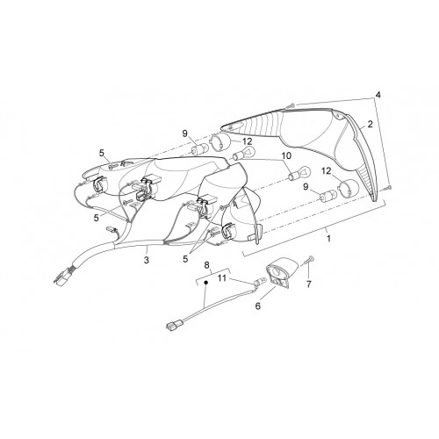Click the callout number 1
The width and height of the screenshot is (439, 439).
(x=328, y=239)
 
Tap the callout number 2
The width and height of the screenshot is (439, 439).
(x=370, y=125)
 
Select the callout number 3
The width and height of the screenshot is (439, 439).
(x=147, y=259)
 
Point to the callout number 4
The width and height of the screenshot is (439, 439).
(x=378, y=95)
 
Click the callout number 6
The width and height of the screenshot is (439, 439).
(x=257, y=306)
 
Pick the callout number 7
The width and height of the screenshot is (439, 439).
(x=309, y=284)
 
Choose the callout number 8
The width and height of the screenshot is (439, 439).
(x=206, y=265)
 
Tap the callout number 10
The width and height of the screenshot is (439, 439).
(x=287, y=155)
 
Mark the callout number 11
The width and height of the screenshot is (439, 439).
(x=222, y=277)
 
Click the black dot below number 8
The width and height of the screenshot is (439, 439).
(x=205, y=283)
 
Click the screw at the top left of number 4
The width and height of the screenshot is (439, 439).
(x=291, y=105)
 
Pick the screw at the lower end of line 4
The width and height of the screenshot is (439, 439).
(x=389, y=187)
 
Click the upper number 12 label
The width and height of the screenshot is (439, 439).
(x=247, y=141)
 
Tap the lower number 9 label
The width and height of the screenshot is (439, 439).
(x=306, y=187)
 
